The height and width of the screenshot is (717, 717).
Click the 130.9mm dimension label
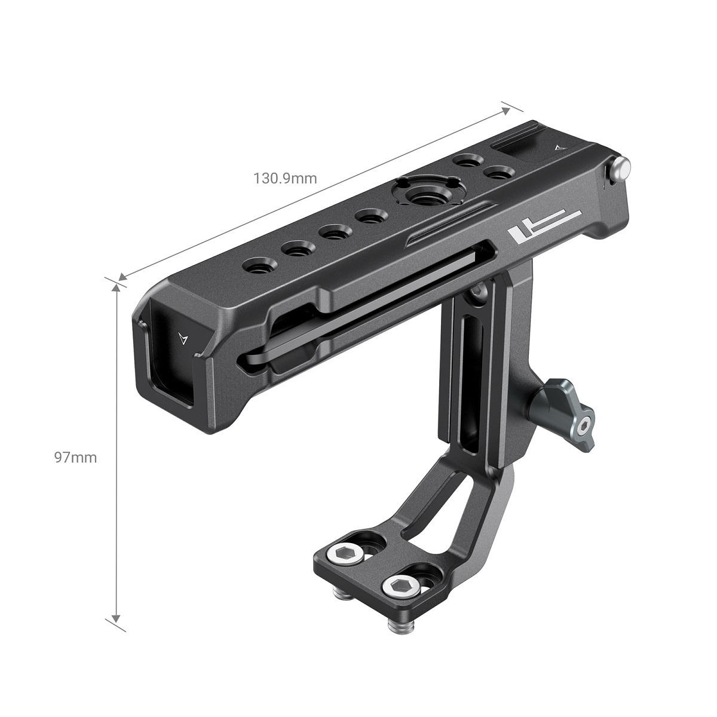click(x=286, y=178)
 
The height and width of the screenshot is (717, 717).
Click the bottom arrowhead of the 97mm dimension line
click(x=116, y=619)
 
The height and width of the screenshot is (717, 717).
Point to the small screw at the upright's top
click(x=479, y=290)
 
